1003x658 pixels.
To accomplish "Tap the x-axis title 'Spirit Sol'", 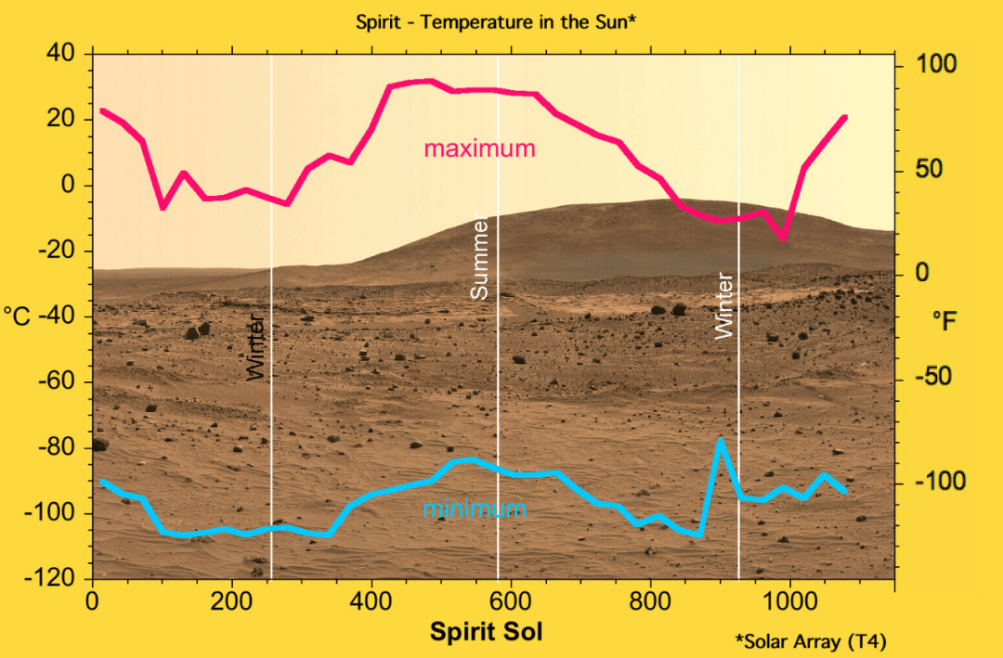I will point(486,632).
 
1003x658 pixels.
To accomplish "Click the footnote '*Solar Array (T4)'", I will point(810,641).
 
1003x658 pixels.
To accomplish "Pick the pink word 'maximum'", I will point(479,148).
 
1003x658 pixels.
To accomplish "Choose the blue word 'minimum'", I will point(474,510).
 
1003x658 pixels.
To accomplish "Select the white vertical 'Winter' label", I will point(724,305).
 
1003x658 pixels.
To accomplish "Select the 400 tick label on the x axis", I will point(371,600).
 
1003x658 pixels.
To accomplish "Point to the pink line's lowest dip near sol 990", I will point(783,238).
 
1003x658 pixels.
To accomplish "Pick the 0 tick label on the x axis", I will point(92,600).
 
